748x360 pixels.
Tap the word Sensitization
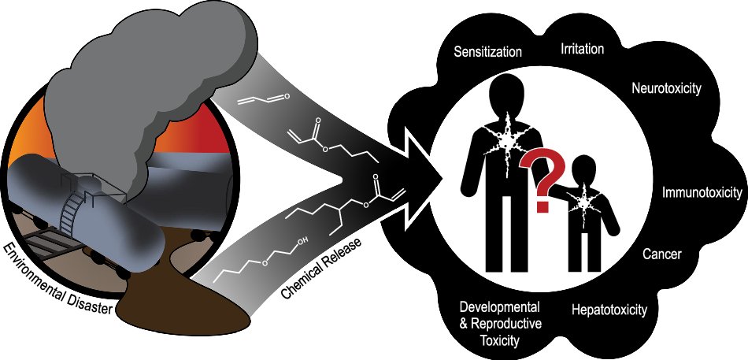[488, 53]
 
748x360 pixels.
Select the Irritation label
[583, 50]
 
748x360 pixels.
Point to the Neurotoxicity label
[666, 87]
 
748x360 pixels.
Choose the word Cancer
[662, 254]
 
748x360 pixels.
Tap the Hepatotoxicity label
[609, 310]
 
